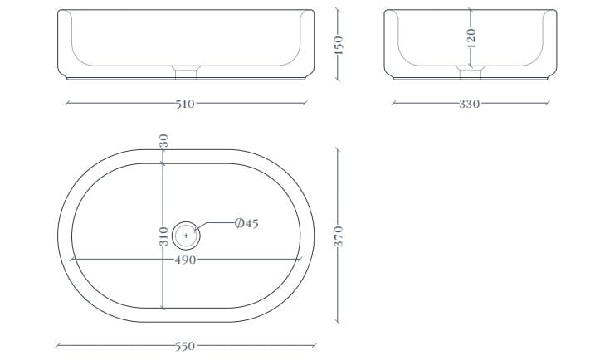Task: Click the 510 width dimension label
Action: pos(186,104)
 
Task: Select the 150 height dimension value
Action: pos(339,45)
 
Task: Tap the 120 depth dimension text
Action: pos(471,38)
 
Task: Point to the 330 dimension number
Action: pos(469,104)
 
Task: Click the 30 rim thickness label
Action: pos(163,141)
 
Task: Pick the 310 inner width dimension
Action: pos(163,236)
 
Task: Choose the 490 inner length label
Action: pos(186,260)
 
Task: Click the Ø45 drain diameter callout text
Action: pos(246,223)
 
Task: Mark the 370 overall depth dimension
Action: pos(339,236)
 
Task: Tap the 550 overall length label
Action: pos(186,346)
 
